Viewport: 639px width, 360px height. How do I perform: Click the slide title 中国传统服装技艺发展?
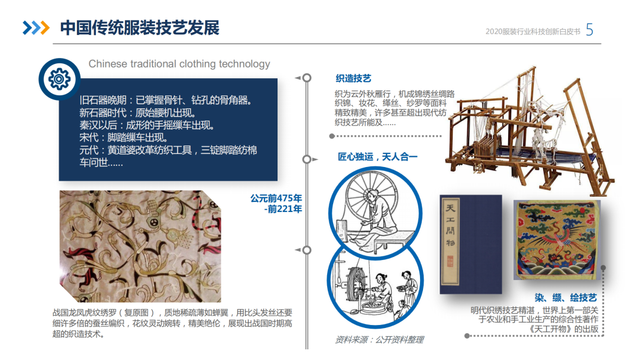coord(140,28)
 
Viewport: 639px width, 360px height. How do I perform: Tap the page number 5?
coord(589,30)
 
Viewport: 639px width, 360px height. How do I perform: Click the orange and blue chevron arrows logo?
coord(36,28)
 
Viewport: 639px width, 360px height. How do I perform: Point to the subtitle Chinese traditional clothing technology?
coord(179,64)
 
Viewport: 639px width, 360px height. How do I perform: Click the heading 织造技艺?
coord(353,79)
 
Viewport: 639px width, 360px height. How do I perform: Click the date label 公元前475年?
coord(276,198)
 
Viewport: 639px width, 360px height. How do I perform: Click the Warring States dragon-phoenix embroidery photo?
coord(140,246)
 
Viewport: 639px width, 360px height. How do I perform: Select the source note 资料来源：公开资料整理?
coord(379,340)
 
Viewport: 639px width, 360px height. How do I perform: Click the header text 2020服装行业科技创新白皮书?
coord(532,31)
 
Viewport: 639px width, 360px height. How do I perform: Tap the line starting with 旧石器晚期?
coord(166,100)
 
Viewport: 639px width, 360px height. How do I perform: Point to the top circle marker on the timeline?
coord(306,78)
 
